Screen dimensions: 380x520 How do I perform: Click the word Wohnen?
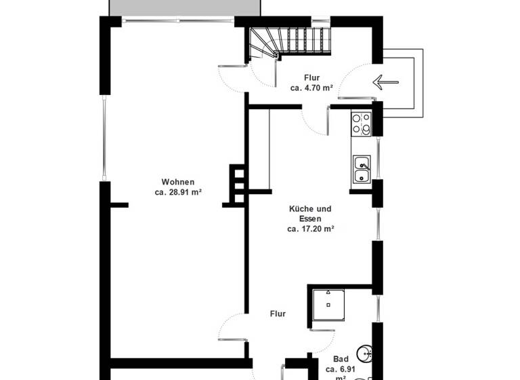pyautogui.click(x=178, y=182)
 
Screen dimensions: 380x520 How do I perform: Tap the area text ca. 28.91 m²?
pyautogui.click(x=178, y=192)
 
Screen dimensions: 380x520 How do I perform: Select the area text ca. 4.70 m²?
pyautogui.click(x=311, y=88)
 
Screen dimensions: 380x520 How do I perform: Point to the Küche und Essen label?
pyautogui.click(x=310, y=214)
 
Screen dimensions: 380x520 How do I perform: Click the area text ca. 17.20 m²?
pyautogui.click(x=311, y=229)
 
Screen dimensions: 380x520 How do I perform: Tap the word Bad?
pyautogui.click(x=341, y=359)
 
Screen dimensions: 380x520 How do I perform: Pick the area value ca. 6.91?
pyautogui.click(x=341, y=369)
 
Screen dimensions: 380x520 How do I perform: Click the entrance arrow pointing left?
pyautogui.click(x=385, y=83)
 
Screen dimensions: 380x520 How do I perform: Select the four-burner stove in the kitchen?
pyautogui.click(x=361, y=123)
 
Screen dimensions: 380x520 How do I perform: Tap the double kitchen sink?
pyautogui.click(x=361, y=169)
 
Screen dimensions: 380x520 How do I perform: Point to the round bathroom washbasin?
pyautogui.click(x=366, y=351)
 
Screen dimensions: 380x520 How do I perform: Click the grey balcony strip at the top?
pyautogui.click(x=185, y=7)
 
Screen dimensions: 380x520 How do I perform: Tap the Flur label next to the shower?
pyautogui.click(x=278, y=314)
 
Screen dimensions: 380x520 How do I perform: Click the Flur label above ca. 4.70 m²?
pyautogui.click(x=311, y=78)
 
